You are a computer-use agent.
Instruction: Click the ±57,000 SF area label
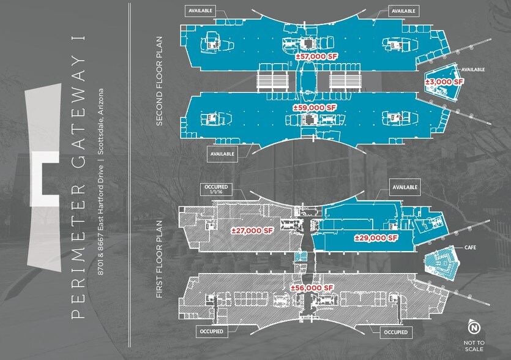(x=316, y=56)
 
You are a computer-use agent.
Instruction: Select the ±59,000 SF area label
(x=314, y=108)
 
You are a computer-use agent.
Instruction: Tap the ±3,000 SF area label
(x=444, y=82)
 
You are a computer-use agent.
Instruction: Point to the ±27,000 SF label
(x=252, y=231)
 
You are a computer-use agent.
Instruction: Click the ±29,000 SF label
(x=376, y=238)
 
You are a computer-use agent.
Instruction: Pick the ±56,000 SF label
(x=312, y=288)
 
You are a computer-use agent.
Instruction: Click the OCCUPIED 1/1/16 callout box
(x=216, y=189)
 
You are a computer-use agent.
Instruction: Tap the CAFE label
(x=470, y=247)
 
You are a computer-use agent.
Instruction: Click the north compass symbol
(x=474, y=327)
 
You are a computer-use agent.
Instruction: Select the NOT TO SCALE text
(x=474, y=346)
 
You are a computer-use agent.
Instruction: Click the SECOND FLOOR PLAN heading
(x=159, y=81)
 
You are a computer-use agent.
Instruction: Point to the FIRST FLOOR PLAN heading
(x=159, y=259)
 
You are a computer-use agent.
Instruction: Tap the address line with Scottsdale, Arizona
(x=101, y=182)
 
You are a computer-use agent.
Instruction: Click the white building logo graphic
(x=44, y=178)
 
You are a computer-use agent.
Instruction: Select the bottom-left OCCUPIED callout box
(x=212, y=332)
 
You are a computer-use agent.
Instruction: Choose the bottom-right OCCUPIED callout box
(x=395, y=332)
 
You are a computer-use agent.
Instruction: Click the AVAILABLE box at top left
(x=200, y=11)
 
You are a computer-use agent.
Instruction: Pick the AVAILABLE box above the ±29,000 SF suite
(x=405, y=187)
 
